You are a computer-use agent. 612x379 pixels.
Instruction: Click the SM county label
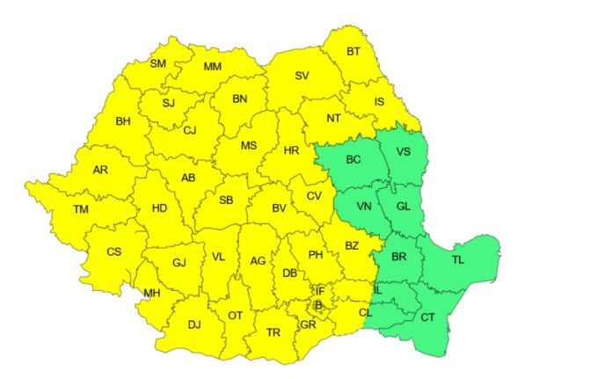point(157,63)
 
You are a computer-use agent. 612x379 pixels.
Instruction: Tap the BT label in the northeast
point(353,52)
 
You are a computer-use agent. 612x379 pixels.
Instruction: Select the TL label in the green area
point(458,259)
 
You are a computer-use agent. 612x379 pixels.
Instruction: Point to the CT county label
point(428,317)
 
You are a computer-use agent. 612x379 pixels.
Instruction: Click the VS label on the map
point(404,151)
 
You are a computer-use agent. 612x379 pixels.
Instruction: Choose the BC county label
point(353,159)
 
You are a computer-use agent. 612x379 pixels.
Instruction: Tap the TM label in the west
point(81,209)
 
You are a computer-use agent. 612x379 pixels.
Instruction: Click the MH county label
point(152,293)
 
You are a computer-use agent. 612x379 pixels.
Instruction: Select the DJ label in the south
point(194,324)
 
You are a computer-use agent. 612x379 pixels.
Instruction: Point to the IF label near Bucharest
point(320,290)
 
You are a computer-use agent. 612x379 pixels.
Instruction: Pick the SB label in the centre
point(226,200)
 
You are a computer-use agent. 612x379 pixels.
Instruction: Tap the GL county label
point(403,207)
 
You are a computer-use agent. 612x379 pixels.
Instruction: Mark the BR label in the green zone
point(399,258)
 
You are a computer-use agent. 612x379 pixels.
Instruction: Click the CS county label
point(113,251)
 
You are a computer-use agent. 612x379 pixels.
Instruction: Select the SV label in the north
point(302,76)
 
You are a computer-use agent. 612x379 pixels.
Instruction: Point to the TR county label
point(273,332)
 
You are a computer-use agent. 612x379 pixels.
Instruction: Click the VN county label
point(363,207)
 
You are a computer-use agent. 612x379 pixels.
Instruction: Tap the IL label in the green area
point(377,289)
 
